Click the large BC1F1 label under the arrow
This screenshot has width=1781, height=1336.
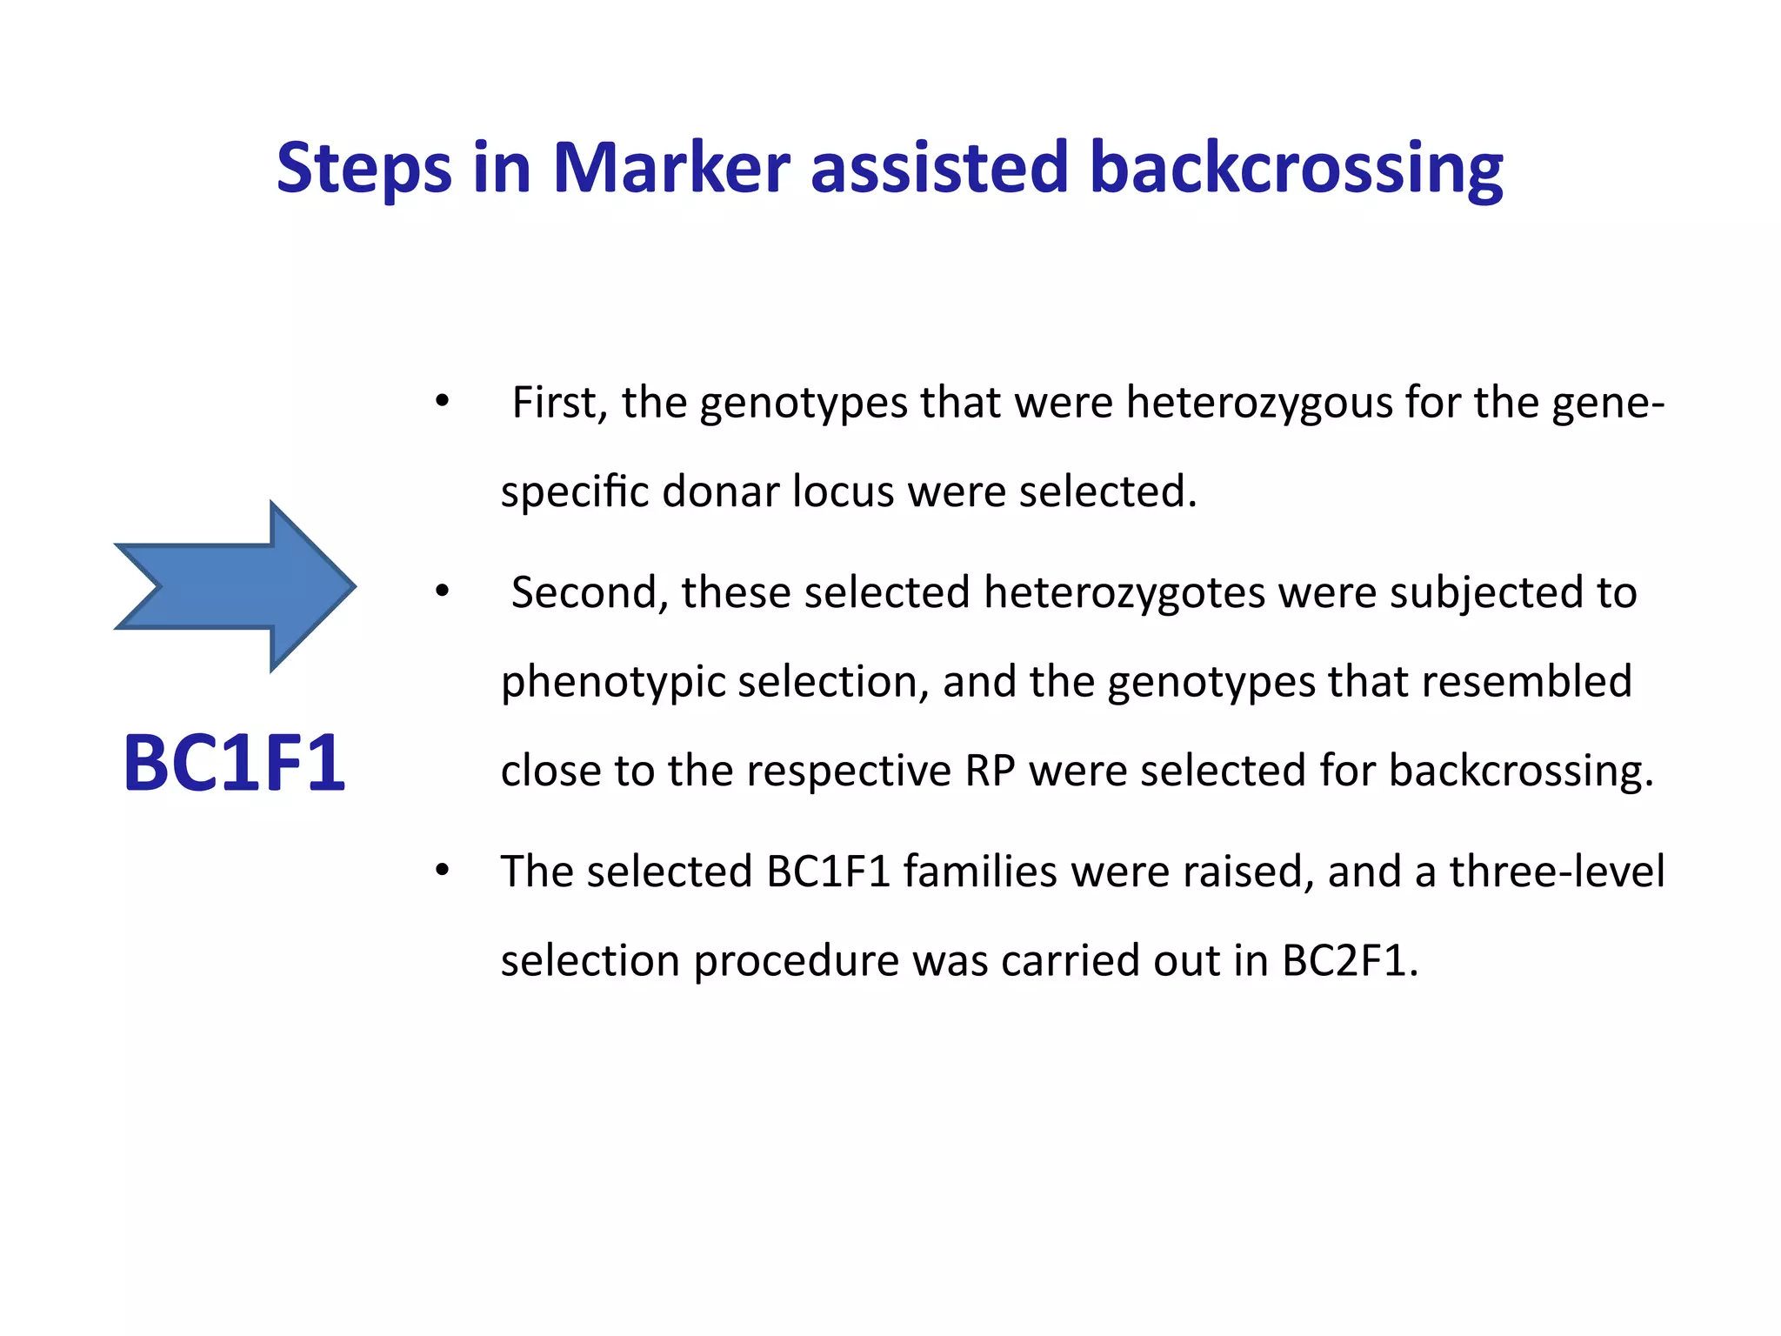pyautogui.click(x=234, y=764)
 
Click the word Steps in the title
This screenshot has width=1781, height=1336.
pyautogui.click(x=364, y=167)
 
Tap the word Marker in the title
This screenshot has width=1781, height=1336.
pyautogui.click(x=670, y=167)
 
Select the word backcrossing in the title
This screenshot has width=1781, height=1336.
pyautogui.click(x=1296, y=167)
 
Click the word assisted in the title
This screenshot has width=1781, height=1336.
pyautogui.click(x=939, y=167)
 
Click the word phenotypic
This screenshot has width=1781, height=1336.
pyautogui.click(x=612, y=682)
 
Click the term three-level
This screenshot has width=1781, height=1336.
pyautogui.click(x=1557, y=872)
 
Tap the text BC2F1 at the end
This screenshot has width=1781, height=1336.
pyautogui.click(x=1349, y=961)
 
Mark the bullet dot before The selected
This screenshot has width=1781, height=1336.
pyautogui.click(x=443, y=871)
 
